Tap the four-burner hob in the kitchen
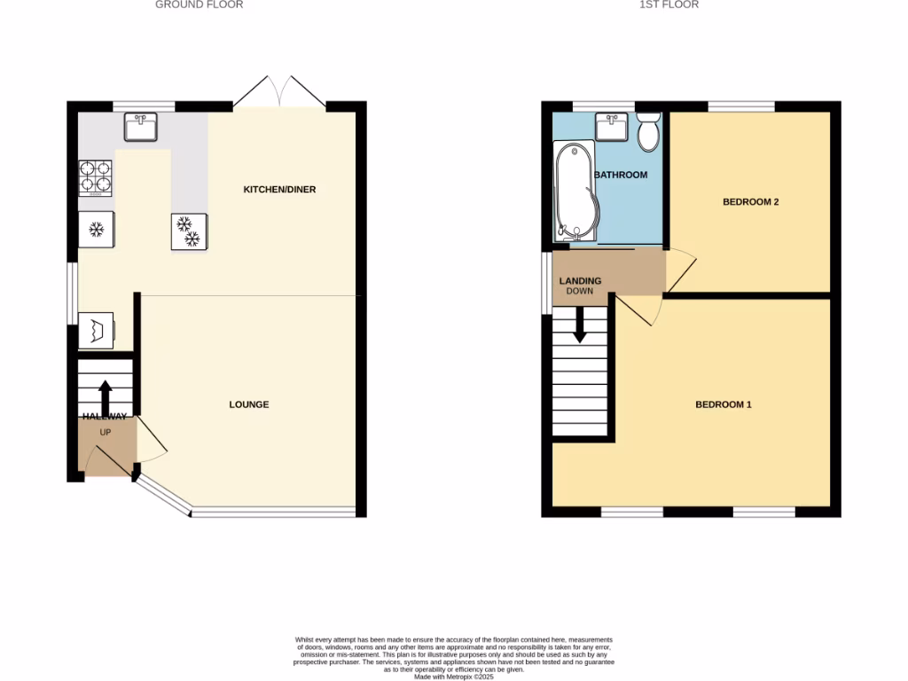pyautogui.click(x=96, y=176)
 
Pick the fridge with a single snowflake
pyautogui.click(x=96, y=231)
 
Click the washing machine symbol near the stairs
pyautogui.click(x=97, y=331)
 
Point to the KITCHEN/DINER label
pyautogui.click(x=279, y=190)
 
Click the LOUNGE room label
pyautogui.click(x=248, y=405)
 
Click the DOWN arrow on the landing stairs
pyautogui.click(x=580, y=325)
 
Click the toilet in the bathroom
pyautogui.click(x=647, y=133)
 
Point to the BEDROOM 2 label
pyautogui.click(x=750, y=202)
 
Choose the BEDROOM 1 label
pyautogui.click(x=723, y=405)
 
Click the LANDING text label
pyautogui.click(x=580, y=281)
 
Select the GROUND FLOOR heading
pyautogui.click(x=199, y=5)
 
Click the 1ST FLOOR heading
pyautogui.click(x=669, y=5)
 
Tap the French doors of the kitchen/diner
pyautogui.click(x=279, y=91)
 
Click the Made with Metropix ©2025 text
pyautogui.click(x=453, y=676)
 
